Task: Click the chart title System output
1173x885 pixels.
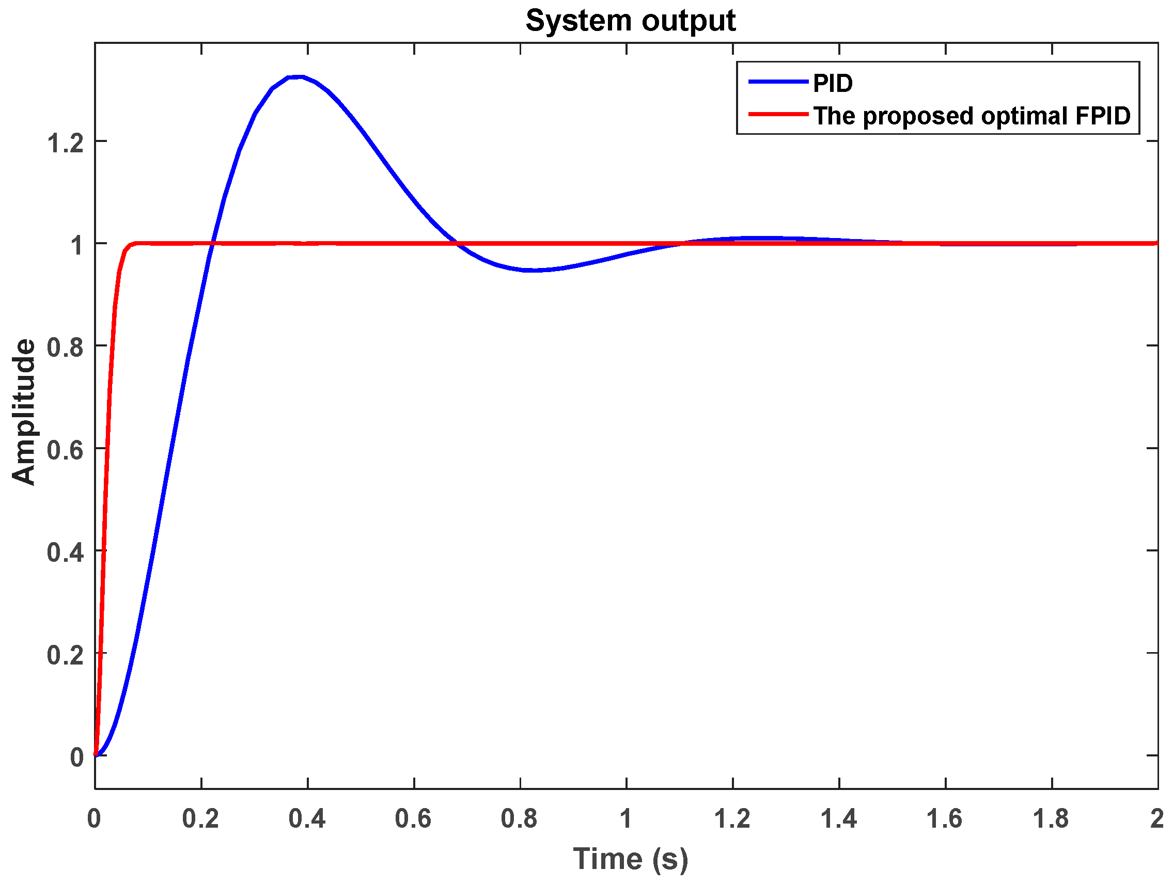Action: pyautogui.click(x=630, y=21)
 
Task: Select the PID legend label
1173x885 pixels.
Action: pyautogui.click(x=833, y=83)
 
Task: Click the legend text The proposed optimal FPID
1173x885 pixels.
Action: pyautogui.click(x=972, y=116)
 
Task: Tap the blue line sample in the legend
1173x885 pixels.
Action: pyautogui.click(x=778, y=82)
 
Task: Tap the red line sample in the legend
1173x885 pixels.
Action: pyautogui.click(x=778, y=114)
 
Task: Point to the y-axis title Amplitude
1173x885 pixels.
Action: pyautogui.click(x=24, y=412)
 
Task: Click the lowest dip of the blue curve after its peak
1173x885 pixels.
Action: pyautogui.click(x=533, y=271)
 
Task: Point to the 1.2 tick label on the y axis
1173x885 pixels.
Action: pyautogui.click(x=65, y=143)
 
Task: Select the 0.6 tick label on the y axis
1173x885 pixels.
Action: pyautogui.click(x=65, y=450)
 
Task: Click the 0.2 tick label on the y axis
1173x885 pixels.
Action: pyautogui.click(x=65, y=655)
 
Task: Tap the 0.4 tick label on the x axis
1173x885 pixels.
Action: pyautogui.click(x=307, y=819)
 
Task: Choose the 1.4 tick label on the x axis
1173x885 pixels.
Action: pyautogui.click(x=839, y=819)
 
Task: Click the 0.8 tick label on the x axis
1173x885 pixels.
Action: pyautogui.click(x=520, y=819)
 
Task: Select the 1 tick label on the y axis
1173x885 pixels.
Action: pyautogui.click(x=77, y=245)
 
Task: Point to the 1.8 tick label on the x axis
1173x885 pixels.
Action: pyautogui.click(x=1052, y=819)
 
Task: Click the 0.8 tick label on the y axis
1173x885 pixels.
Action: pyautogui.click(x=65, y=348)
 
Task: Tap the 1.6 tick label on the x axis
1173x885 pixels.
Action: pyautogui.click(x=945, y=819)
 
